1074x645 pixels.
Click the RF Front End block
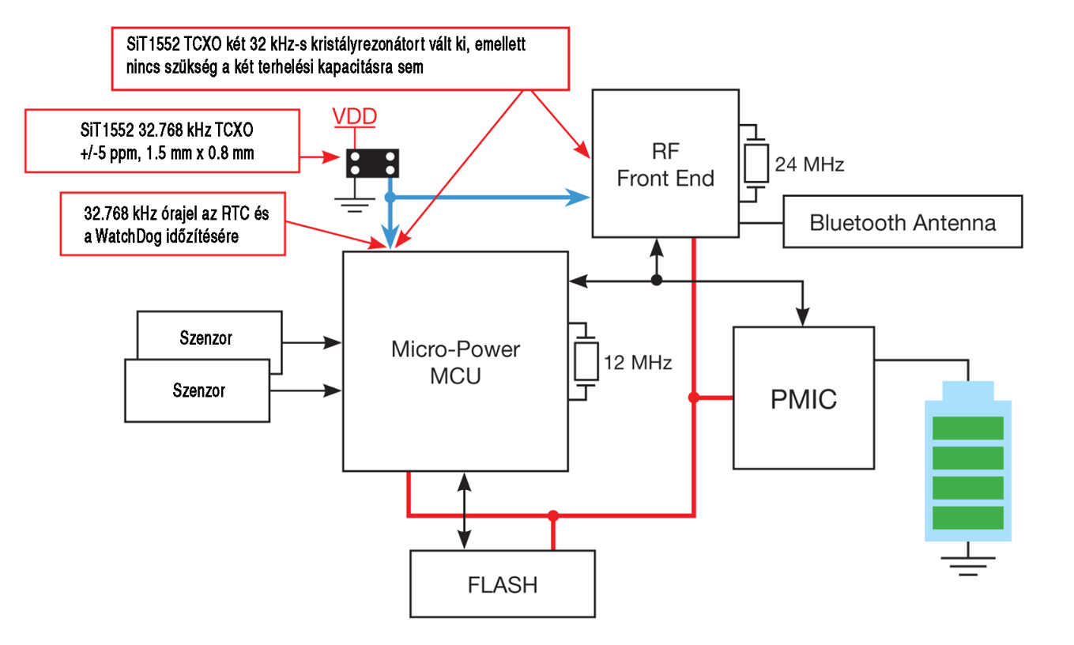[665, 163]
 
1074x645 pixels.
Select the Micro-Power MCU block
[455, 361]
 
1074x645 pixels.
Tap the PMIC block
[803, 398]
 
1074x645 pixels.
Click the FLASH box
[502, 585]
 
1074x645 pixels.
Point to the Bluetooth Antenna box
[903, 222]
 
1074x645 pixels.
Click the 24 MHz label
[809, 165]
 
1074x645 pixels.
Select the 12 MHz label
[638, 363]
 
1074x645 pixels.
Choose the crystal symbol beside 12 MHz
[586, 362]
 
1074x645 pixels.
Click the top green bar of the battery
[968, 428]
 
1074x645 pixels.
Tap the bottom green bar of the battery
[968, 518]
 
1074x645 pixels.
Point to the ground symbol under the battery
[967, 561]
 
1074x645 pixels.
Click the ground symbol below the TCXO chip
[356, 205]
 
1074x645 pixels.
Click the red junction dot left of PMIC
[693, 398]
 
